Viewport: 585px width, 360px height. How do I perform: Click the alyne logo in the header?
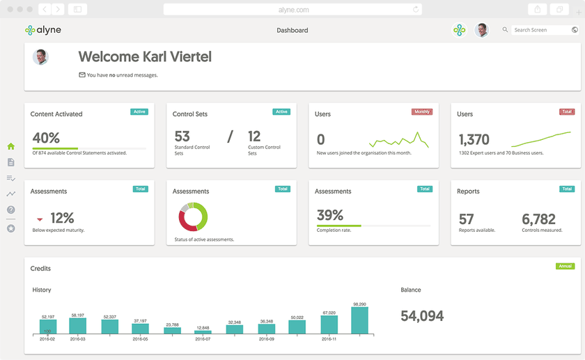tap(42, 30)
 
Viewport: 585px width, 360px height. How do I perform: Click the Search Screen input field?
tap(540, 30)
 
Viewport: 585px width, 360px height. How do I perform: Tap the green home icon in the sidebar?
tap(11, 146)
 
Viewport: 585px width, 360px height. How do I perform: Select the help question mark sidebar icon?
tap(11, 210)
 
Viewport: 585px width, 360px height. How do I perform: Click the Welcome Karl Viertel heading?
tap(145, 56)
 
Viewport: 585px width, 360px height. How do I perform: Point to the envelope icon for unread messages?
tap(82, 75)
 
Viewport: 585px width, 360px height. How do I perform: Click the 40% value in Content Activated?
tap(46, 138)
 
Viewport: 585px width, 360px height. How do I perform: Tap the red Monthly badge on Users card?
tap(422, 111)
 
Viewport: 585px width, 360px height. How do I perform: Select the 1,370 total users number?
tap(474, 139)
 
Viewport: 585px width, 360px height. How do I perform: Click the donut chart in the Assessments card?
tap(193, 217)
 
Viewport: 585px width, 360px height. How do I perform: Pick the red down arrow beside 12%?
tap(40, 219)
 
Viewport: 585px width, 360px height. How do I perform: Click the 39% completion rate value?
tap(329, 215)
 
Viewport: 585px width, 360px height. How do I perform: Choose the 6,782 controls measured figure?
tap(538, 219)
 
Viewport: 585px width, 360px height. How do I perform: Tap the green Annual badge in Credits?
tap(565, 266)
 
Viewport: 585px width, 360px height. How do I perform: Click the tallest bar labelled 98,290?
tap(359, 320)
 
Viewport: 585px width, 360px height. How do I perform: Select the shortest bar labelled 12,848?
tap(203, 331)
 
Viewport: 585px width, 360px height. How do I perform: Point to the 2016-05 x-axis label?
tap(140, 339)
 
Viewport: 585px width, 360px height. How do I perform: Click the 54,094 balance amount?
tap(422, 315)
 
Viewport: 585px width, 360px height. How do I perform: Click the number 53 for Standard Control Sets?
tap(182, 136)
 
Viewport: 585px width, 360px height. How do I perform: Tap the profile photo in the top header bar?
tap(481, 30)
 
